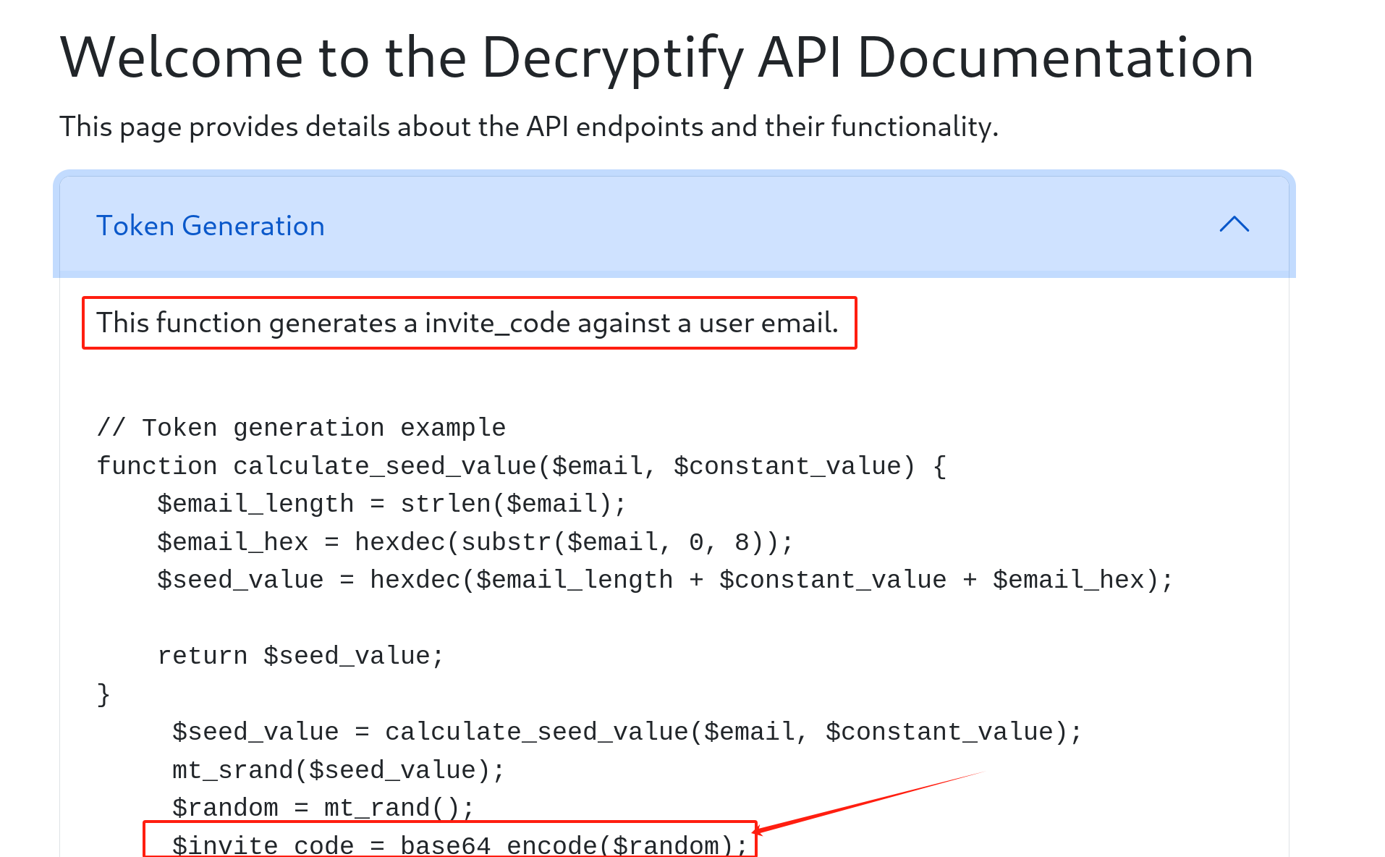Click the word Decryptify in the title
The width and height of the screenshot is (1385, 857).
click(612, 58)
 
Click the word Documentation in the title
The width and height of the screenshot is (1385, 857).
click(1055, 58)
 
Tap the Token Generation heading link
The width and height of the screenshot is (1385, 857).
click(210, 226)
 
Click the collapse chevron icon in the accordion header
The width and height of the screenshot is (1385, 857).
click(1234, 224)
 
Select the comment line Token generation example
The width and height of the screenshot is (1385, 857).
click(301, 428)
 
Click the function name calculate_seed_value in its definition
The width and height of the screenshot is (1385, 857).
click(385, 466)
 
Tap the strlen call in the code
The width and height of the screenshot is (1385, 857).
click(446, 504)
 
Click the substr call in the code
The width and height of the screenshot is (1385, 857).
click(507, 542)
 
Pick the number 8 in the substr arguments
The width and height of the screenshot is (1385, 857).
click(742, 542)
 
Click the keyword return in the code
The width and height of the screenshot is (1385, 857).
click(202, 656)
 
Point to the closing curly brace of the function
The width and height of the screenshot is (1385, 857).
click(103, 694)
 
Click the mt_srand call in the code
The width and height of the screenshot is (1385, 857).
click(232, 770)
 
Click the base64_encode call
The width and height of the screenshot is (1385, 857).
click(499, 845)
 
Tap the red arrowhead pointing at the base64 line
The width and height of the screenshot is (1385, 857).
click(758, 831)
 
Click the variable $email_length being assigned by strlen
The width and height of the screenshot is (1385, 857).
click(255, 504)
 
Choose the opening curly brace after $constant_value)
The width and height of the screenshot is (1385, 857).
click(939, 466)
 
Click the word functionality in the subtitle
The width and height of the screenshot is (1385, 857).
click(913, 127)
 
